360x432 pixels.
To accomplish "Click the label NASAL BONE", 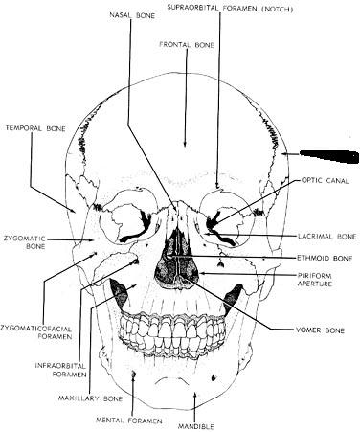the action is pos(132,15).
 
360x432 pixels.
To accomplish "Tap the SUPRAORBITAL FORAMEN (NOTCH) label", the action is pos(230,9).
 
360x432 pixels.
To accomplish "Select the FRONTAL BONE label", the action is pos(187,45).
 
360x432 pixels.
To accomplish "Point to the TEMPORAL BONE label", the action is pos(35,128).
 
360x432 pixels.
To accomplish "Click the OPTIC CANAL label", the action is pos(325,181).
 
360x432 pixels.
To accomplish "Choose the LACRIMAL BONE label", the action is pos(327,237).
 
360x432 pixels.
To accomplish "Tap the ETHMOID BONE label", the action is pos(325,258).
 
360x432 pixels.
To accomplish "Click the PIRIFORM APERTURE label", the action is pos(314,280).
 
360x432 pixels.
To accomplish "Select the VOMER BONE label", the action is pos(320,330).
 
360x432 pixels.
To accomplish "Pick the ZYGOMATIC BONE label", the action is pos(24,242).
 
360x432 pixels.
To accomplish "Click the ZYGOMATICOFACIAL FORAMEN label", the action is pos(35,332).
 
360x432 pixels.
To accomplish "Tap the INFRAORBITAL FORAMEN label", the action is pos(60,370).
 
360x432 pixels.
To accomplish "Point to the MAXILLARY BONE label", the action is pos(90,398).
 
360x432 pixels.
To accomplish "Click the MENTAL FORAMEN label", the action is pos(129,421).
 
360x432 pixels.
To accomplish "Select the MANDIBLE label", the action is pos(195,426).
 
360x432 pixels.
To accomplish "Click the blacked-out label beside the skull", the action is pos(329,156).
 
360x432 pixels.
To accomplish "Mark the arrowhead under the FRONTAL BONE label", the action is pos(186,144).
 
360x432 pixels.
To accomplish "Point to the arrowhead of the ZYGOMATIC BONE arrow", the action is pos(91,240).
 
